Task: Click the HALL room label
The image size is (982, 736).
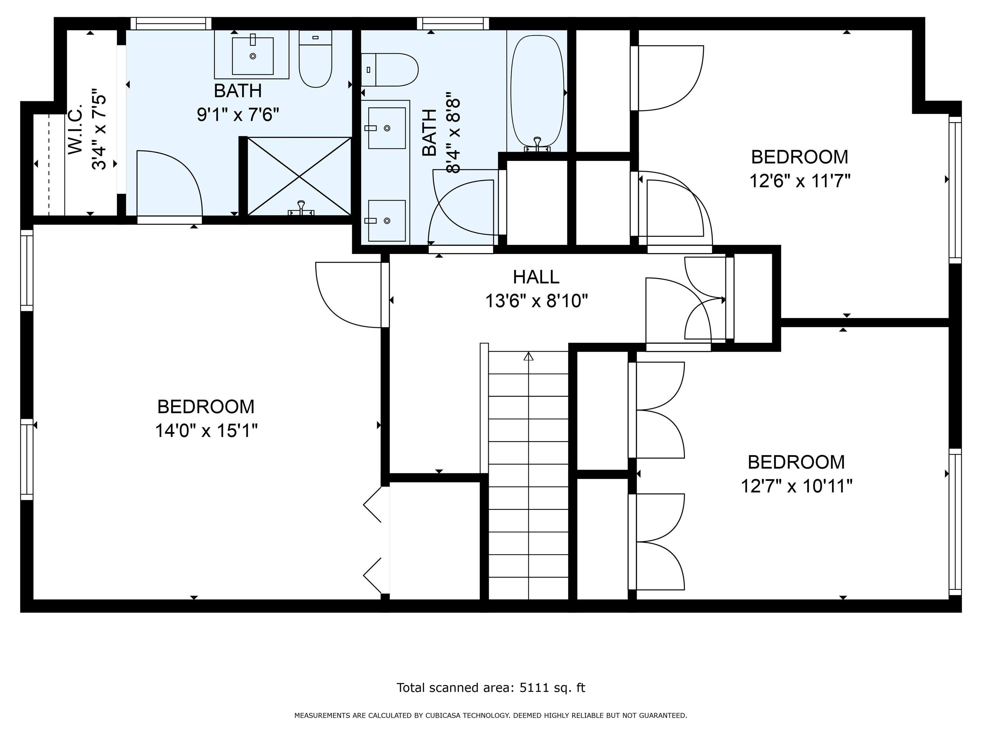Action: point(536,277)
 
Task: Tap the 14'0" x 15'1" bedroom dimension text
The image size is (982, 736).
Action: point(206,430)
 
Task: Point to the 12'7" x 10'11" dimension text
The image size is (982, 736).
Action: point(796,486)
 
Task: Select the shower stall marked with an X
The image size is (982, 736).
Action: point(299,177)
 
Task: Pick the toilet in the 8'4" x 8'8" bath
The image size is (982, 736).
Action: point(389,70)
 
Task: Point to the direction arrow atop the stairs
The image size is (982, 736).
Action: point(528,356)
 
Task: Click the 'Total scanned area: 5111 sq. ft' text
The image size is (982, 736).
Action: point(491,688)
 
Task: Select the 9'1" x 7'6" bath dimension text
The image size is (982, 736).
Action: point(238,115)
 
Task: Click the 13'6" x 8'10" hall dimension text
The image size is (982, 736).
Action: point(536,301)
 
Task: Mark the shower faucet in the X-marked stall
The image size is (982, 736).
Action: point(301,209)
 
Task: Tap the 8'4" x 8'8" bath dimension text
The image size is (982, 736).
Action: point(453,132)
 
